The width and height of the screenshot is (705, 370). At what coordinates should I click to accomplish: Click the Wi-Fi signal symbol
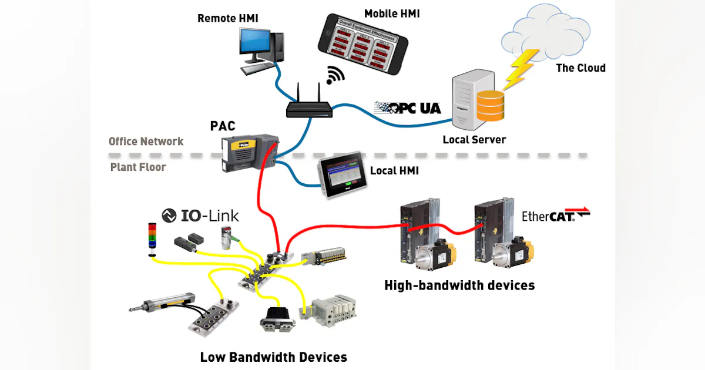pyautogui.click(x=335, y=75)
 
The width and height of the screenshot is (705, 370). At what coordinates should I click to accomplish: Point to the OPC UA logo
pyautogui.click(x=408, y=107)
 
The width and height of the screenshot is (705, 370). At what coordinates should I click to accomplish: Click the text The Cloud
pyautogui.click(x=580, y=68)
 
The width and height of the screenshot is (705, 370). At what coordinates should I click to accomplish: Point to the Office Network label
pyautogui.click(x=146, y=142)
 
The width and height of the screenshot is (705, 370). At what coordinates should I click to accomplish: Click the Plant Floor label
pyautogui.click(x=138, y=167)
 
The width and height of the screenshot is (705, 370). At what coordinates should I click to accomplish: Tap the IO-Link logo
pyautogui.click(x=200, y=216)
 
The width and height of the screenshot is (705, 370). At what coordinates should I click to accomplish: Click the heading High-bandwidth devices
pyautogui.click(x=459, y=285)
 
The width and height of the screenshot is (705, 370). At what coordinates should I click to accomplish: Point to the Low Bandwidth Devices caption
pyautogui.click(x=273, y=356)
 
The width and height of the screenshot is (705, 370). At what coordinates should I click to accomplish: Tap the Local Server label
pyautogui.click(x=474, y=140)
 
